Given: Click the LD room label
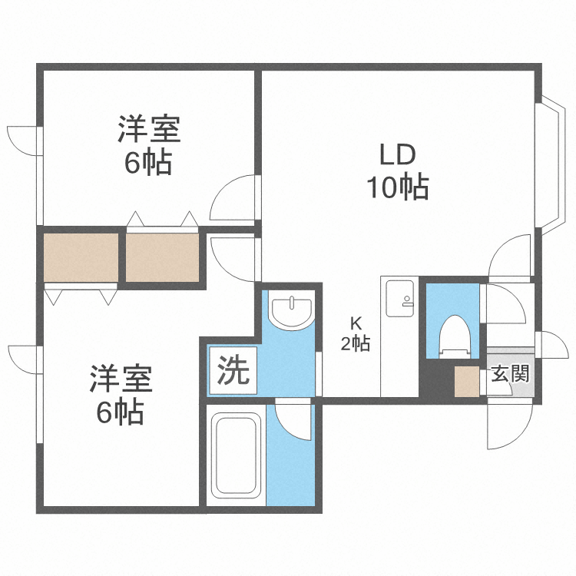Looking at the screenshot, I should (397, 155).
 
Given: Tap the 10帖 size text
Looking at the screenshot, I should (397, 187).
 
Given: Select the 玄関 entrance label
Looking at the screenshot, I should (509, 375).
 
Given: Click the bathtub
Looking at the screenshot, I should (237, 456).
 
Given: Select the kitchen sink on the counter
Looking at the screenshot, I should (399, 298).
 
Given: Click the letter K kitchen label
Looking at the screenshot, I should (356, 323).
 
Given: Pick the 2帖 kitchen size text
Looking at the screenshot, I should (356, 344).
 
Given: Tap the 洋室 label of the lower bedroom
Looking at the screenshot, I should (121, 379).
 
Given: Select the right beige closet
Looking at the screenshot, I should (163, 257).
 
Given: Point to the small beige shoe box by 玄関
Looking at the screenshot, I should (465, 382).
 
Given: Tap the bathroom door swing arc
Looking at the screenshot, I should (294, 421).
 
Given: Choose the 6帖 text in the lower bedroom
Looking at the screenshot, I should (121, 412).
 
